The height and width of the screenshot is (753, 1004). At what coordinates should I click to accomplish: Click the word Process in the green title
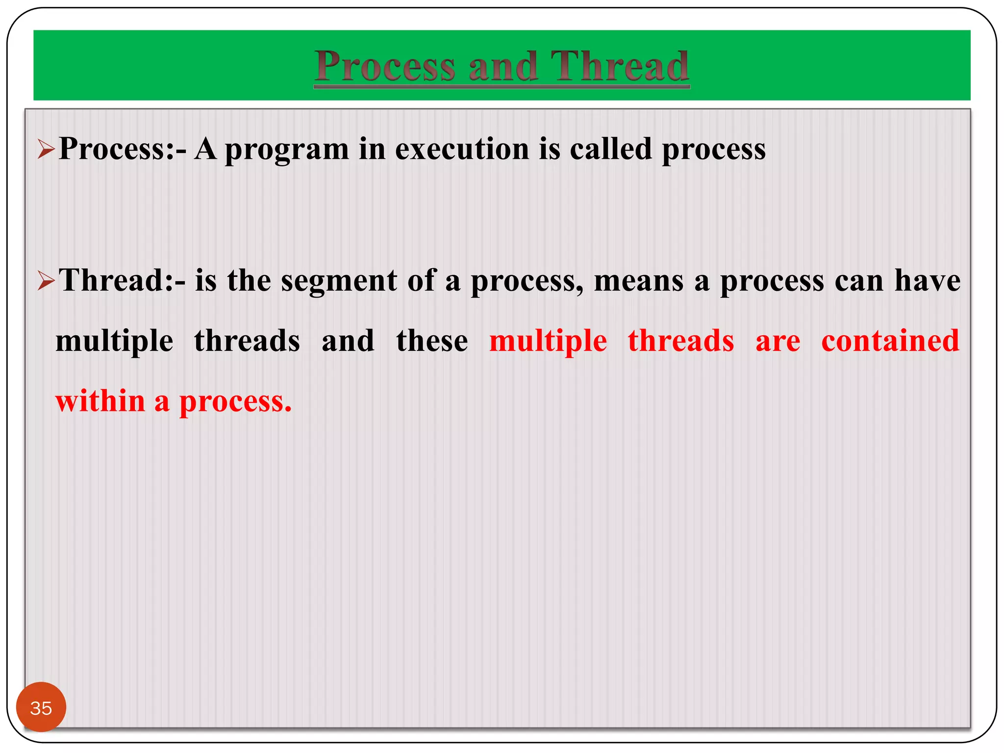tap(385, 66)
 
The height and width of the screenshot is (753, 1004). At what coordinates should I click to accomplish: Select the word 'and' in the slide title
tap(503, 66)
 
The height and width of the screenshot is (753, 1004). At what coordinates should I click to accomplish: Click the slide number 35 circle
tap(41, 707)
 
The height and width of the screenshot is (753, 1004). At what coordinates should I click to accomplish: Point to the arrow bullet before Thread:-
tap(46, 281)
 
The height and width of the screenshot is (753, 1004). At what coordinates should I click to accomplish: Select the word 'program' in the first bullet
tap(286, 150)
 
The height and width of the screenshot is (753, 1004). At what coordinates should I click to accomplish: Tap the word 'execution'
tap(462, 149)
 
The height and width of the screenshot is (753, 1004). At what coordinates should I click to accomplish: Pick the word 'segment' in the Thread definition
tap(338, 281)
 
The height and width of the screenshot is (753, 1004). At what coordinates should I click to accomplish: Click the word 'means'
tap(638, 281)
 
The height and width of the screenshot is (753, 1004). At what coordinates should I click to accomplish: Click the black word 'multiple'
tap(114, 342)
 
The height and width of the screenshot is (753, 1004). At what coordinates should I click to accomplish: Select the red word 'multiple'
tap(548, 342)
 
